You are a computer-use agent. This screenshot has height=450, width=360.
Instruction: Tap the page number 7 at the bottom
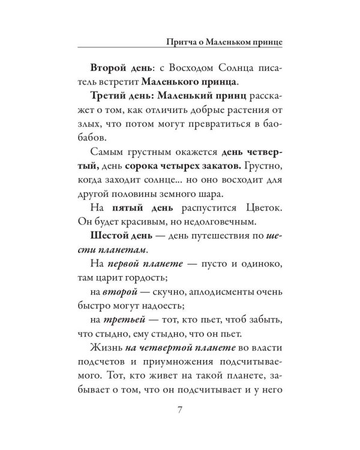[x=180, y=410]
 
